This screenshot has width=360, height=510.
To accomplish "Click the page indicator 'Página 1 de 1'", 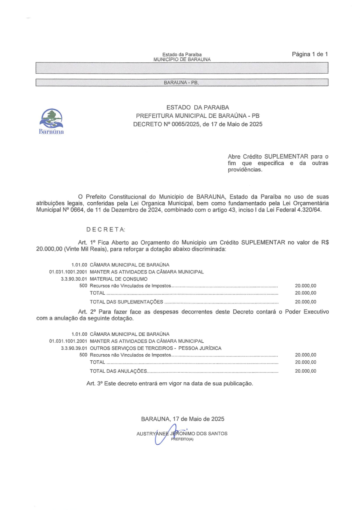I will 310,54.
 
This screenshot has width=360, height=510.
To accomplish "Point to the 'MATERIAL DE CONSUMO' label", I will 119,279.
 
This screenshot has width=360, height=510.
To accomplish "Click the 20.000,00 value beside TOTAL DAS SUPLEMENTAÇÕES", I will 305,302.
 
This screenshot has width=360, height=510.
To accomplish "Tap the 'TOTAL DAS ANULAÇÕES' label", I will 119,371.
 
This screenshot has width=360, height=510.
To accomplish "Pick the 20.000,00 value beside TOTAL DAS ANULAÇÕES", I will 305,371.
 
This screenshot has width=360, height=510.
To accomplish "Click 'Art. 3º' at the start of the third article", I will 95,384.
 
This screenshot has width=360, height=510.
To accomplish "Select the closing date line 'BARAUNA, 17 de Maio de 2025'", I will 182,419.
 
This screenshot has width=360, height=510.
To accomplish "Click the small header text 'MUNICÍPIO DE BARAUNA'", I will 182,59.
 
